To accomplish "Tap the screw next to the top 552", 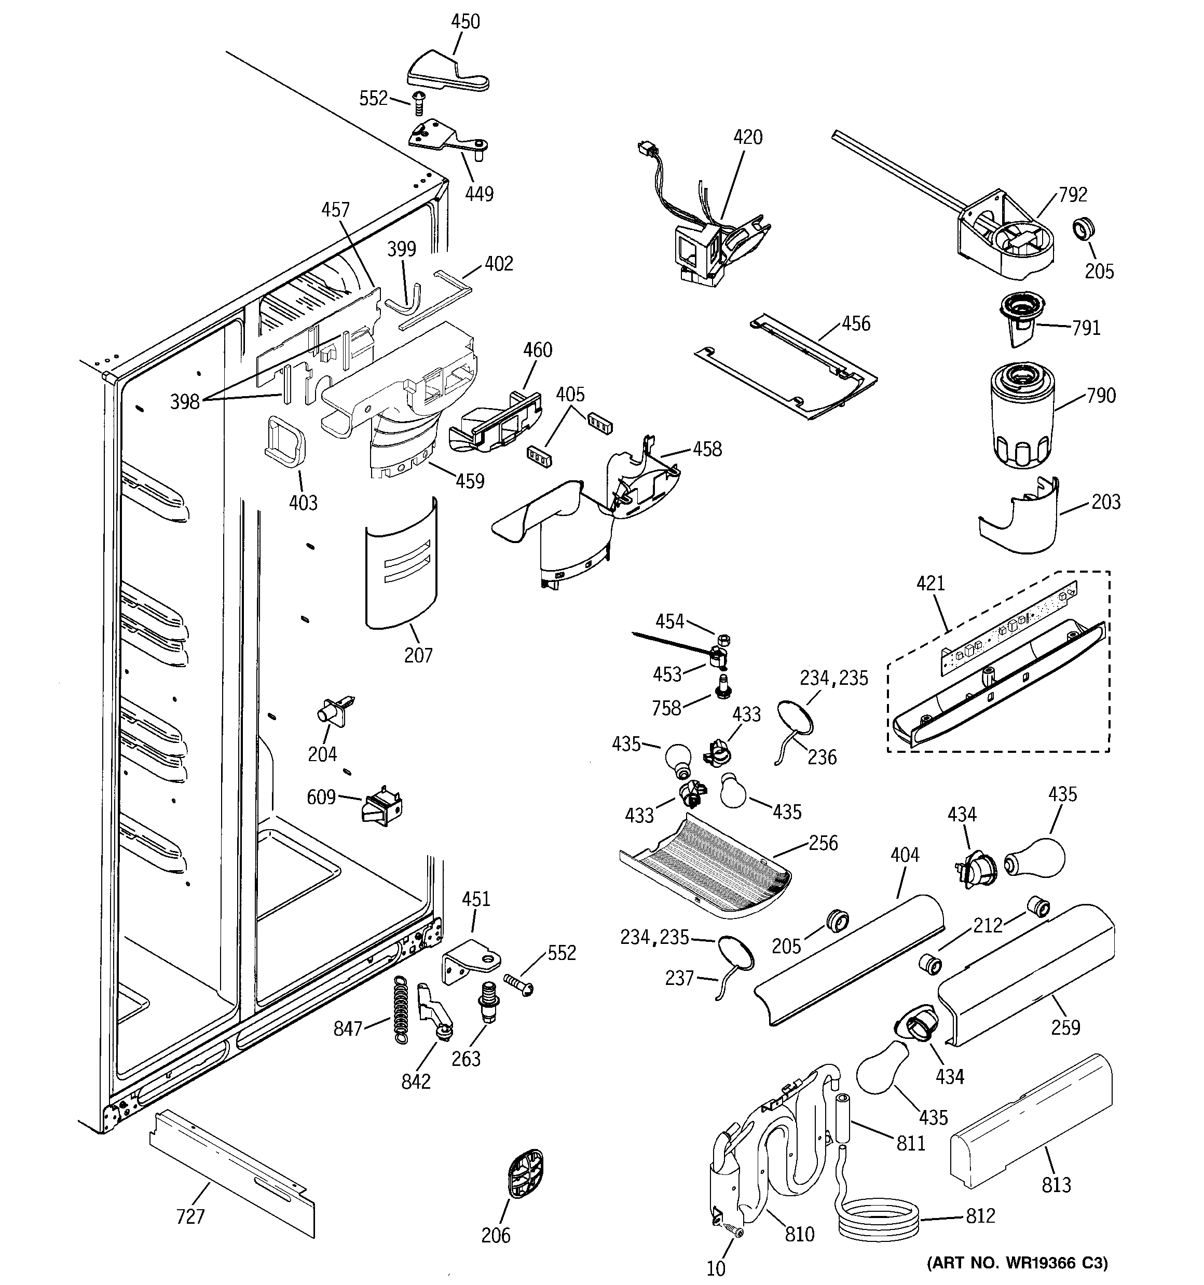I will [x=417, y=102].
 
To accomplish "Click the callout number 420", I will [x=747, y=137].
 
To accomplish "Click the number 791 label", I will [x=1086, y=328].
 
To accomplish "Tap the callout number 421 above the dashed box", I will [x=930, y=583].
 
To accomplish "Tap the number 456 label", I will [x=856, y=323].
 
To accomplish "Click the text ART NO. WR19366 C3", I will [x=1018, y=1262].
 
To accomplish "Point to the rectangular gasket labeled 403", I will [x=285, y=440].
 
